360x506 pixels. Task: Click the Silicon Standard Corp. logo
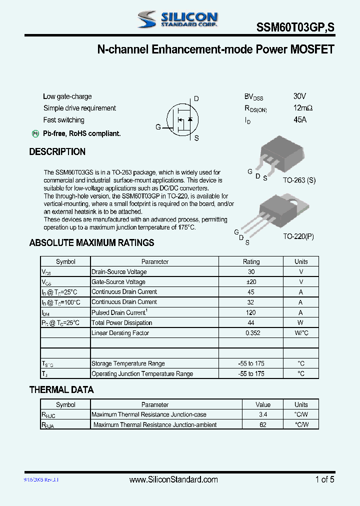(x=177, y=19)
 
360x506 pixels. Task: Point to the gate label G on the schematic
(x=158, y=127)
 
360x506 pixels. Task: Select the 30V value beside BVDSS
(x=299, y=96)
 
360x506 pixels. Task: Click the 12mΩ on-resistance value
(x=303, y=108)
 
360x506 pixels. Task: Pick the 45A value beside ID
(x=300, y=120)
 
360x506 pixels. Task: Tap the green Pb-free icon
(x=35, y=133)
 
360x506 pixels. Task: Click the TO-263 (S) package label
(x=299, y=180)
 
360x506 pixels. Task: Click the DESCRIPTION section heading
(x=57, y=152)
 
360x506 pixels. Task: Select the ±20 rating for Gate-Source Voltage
(x=251, y=282)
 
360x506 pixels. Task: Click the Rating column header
(x=251, y=261)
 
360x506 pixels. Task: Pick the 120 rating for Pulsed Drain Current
(x=251, y=312)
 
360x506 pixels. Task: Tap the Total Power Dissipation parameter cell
(x=121, y=323)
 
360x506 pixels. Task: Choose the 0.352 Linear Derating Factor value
(x=251, y=333)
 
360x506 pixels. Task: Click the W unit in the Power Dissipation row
(x=301, y=323)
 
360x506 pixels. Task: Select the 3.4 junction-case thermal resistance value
(x=263, y=414)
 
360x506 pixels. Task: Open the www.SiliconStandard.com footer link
(x=173, y=479)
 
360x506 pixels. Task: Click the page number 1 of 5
(x=324, y=479)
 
